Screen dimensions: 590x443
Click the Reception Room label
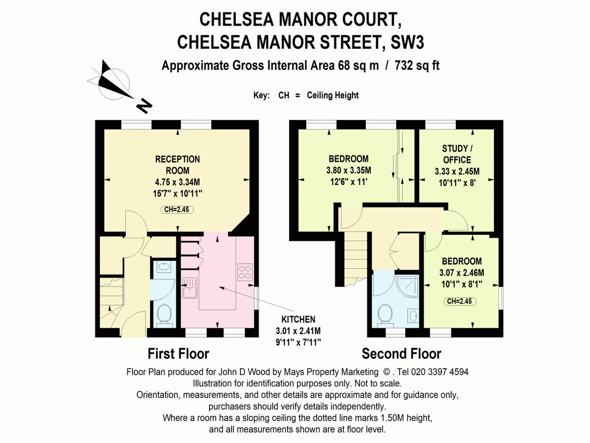[177, 165]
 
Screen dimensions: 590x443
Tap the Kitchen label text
[298, 319]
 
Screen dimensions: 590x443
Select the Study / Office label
[457, 154]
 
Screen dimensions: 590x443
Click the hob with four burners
[245, 272]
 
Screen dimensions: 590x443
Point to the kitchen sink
[190, 288]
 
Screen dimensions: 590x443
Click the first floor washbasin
[164, 267]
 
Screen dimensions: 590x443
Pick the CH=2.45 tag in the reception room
[177, 210]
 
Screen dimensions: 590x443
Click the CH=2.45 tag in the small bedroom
[460, 301]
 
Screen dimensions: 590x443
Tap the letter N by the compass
[145, 106]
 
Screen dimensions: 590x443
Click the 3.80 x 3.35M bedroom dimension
[349, 170]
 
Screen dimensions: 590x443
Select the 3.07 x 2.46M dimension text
[462, 273]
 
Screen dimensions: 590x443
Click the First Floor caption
[178, 354]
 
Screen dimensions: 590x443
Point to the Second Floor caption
[401, 354]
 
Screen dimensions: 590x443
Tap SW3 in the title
[407, 42]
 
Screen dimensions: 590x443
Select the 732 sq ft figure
[417, 66]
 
